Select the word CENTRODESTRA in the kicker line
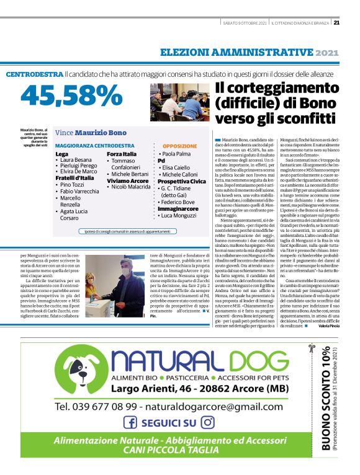coord(34,74)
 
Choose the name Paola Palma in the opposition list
coord(176,153)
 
